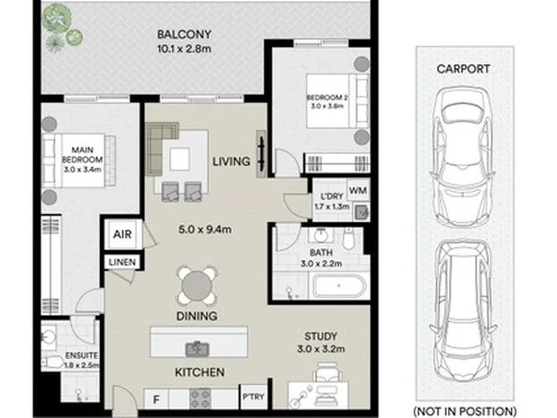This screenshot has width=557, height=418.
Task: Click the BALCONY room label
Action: [x=184, y=35]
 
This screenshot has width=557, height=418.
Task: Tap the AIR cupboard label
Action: [x=122, y=235]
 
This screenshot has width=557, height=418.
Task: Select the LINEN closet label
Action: [x=122, y=262]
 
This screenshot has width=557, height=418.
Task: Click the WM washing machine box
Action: [x=357, y=190]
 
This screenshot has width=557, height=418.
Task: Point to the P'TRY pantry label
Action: [x=254, y=396]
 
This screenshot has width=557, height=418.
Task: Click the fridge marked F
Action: [x=156, y=399]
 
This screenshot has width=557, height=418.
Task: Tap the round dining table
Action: [x=196, y=286]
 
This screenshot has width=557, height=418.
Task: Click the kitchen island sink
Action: [x=196, y=348]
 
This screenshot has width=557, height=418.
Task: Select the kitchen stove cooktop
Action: [x=200, y=399]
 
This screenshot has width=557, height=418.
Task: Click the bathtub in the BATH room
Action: [x=339, y=286]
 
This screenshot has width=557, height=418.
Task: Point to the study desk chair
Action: [x=327, y=372]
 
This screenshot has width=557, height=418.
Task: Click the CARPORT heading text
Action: [x=463, y=69]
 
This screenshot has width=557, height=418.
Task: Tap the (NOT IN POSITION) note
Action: [x=465, y=411]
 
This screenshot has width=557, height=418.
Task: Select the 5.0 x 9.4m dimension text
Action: [x=205, y=230]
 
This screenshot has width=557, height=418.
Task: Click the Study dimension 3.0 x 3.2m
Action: [x=321, y=349]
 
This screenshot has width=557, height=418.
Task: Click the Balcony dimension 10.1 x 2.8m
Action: [x=184, y=49]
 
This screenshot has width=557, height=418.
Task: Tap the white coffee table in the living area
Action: [x=179, y=159]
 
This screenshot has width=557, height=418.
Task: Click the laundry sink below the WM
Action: [x=361, y=212]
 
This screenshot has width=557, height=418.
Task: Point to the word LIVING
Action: [x=231, y=162]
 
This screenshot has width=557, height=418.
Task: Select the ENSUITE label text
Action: [x=81, y=355]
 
